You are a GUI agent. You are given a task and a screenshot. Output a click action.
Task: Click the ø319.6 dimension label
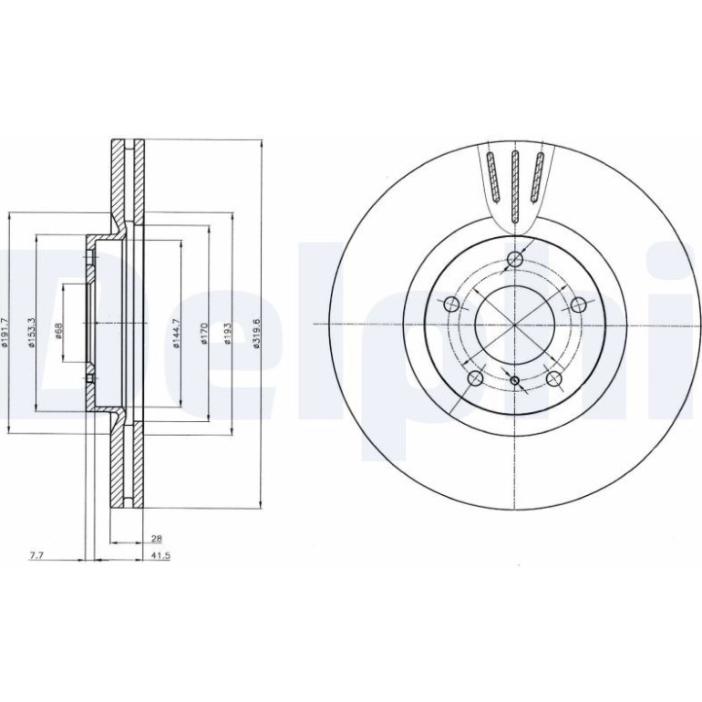click(256, 334)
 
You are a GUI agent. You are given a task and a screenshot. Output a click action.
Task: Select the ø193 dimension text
click(228, 334)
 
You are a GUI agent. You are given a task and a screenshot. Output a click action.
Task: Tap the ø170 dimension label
click(204, 334)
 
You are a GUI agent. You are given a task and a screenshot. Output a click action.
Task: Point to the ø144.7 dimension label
click(176, 334)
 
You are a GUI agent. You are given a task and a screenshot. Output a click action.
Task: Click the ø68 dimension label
click(58, 331)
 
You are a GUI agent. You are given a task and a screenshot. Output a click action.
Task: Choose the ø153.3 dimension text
click(30, 333)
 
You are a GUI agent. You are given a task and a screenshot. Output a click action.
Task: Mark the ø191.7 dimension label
click(5, 333)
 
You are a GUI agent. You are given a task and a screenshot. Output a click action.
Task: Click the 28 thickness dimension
click(157, 538)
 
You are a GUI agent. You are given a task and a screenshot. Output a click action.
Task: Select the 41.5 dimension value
click(161, 555)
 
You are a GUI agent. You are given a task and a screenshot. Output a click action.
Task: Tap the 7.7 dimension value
click(36, 555)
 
